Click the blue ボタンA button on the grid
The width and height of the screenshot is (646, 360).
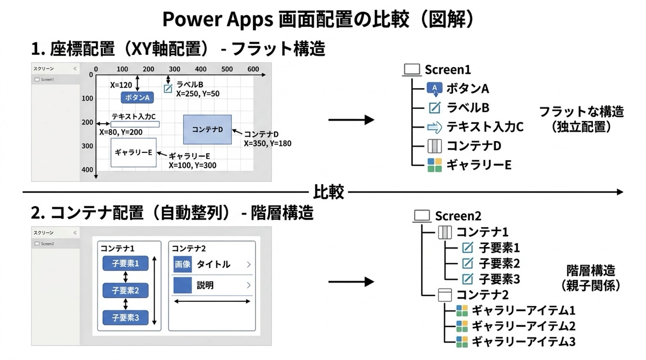(x=137, y=97)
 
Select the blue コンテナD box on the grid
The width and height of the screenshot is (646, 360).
(x=207, y=129)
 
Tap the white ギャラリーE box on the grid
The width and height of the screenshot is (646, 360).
(x=134, y=152)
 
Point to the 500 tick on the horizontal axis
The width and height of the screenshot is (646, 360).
(x=227, y=69)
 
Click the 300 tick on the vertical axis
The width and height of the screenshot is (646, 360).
(x=87, y=146)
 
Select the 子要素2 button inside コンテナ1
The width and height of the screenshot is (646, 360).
(x=125, y=291)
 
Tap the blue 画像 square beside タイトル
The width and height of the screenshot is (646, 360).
(x=182, y=264)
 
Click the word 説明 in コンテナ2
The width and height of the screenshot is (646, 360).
(x=205, y=285)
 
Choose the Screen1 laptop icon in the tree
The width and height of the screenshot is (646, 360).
(x=412, y=70)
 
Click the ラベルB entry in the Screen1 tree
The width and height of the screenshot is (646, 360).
(x=468, y=108)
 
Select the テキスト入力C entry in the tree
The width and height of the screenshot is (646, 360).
(x=484, y=127)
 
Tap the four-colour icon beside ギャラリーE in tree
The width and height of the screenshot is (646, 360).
(x=434, y=165)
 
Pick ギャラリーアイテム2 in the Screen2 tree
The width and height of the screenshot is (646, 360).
(x=523, y=326)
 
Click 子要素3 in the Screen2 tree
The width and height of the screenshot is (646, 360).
(x=499, y=279)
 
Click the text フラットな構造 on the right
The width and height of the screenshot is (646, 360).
(x=581, y=112)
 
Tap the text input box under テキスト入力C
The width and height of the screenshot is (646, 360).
(x=135, y=125)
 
